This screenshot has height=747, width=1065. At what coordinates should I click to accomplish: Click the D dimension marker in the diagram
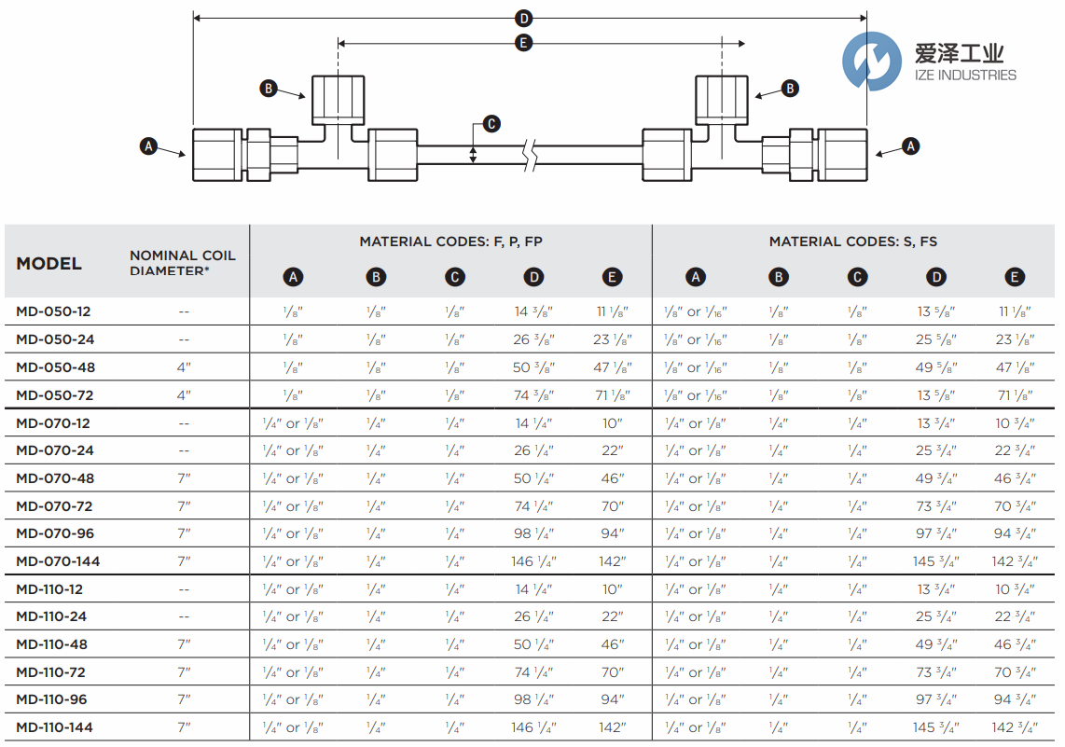tap(524, 18)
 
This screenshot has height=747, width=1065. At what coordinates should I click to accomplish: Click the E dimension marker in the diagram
tap(524, 43)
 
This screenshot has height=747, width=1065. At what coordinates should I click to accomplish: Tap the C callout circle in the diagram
tap(491, 124)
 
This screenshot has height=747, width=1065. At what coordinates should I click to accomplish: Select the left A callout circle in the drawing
tap(147, 145)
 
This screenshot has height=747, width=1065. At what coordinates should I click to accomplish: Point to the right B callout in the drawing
tap(790, 89)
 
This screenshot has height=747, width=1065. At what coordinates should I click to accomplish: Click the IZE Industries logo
tap(929, 62)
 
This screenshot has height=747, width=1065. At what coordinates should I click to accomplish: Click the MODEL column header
tap(48, 264)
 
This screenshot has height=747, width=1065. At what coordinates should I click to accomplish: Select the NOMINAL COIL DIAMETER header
tap(183, 262)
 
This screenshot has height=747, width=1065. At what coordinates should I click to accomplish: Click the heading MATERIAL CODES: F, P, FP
tap(451, 242)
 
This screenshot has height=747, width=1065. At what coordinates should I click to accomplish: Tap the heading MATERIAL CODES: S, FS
tap(852, 242)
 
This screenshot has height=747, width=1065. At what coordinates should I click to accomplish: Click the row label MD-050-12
tap(53, 311)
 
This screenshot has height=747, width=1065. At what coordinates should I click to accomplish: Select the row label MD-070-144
tap(58, 561)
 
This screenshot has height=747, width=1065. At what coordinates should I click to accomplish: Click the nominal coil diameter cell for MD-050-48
tap(184, 367)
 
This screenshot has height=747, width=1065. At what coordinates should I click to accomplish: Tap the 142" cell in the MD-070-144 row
tap(612, 561)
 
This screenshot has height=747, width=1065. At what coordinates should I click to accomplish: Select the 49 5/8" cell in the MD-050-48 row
tap(935, 367)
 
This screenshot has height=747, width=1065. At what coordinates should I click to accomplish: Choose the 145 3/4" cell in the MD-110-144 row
tap(935, 727)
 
